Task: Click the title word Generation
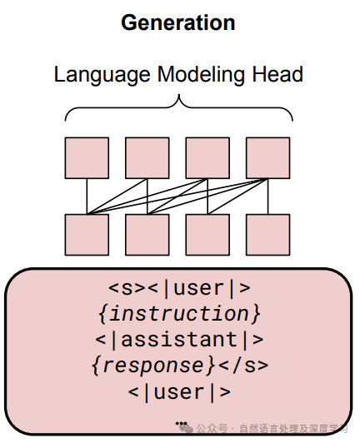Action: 178,22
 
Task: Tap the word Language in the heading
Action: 102,75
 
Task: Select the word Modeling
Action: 201,75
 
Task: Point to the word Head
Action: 277,74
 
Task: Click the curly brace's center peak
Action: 178,95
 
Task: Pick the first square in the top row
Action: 87,158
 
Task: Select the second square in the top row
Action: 147,158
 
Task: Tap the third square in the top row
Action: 207,158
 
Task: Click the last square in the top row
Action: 267,158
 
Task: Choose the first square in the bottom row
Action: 87,235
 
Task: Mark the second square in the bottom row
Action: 147,235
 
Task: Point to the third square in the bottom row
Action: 207,235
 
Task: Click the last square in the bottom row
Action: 267,235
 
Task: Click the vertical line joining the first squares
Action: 87,197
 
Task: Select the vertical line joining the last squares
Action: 267,197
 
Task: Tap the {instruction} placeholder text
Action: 179,314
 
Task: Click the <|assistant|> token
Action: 179,339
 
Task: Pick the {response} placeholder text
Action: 153,366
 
